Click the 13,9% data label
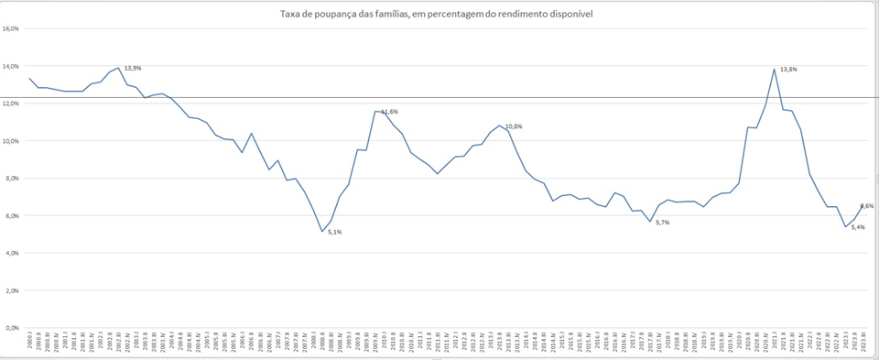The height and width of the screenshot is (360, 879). pos(133,68)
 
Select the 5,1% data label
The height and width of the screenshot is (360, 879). pos(334,232)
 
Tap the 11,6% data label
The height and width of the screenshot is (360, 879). pos(389,112)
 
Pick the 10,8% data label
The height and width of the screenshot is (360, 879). pos(514,126)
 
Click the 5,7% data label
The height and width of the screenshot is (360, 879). pos(663,223)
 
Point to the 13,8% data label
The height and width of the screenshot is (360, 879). pos(788,70)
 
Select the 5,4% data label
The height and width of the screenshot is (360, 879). pos(858,227)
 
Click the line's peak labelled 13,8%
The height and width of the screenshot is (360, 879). pos(775,69)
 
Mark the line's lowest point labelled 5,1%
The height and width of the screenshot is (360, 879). pos(322,232)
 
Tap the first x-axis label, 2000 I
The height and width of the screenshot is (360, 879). pos(31,344)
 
